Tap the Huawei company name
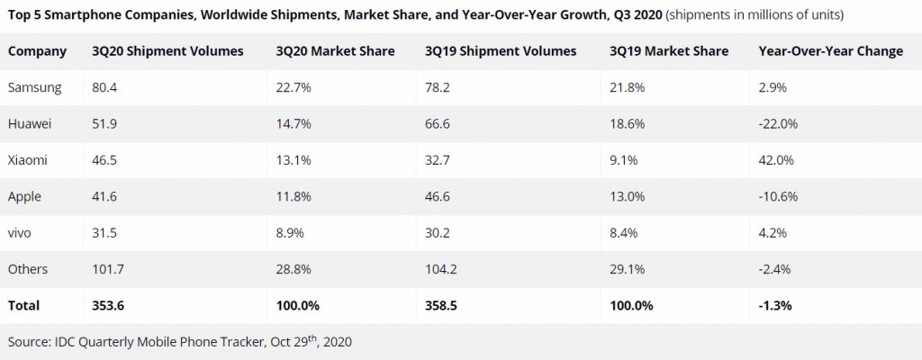coord(30,123)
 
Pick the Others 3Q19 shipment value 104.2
coord(441,269)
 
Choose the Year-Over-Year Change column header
coord(831,51)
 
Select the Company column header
coord(37,51)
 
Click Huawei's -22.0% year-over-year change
coord(779,123)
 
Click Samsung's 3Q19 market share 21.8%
coord(626,87)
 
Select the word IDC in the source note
coord(69,342)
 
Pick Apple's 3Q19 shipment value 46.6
coord(438,196)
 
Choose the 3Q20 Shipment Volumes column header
coord(167,51)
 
